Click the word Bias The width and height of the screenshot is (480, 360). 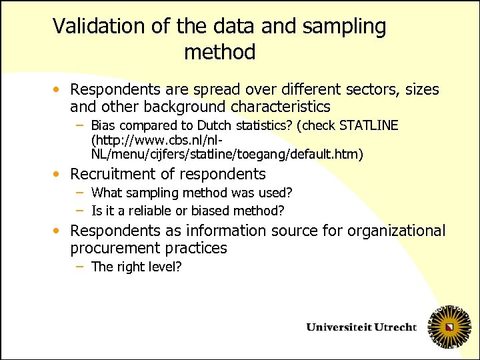103,125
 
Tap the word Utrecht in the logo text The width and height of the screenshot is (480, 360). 393,327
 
